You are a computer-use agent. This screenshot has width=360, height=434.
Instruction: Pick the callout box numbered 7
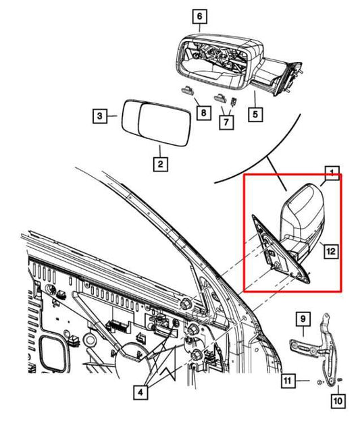pos(226,123)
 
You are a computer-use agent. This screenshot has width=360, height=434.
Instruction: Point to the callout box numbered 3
pos(99,117)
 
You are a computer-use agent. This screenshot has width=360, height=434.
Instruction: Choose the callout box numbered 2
pos(159,163)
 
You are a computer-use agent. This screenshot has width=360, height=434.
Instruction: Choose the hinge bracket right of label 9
pos(329,344)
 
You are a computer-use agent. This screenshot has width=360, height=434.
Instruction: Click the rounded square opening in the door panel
pos(53,354)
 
